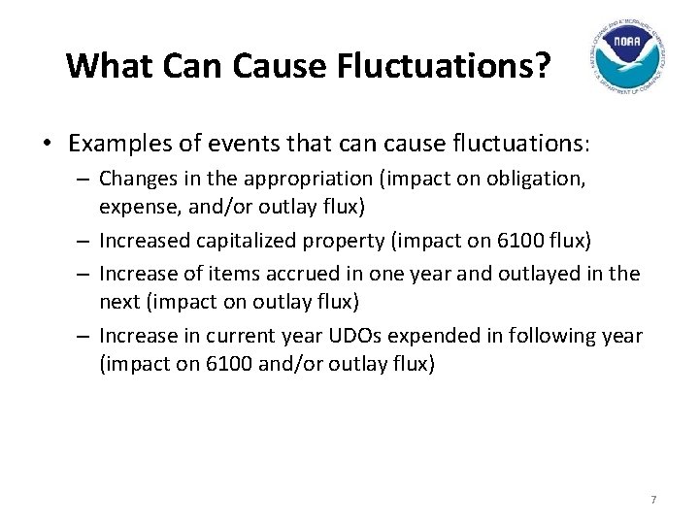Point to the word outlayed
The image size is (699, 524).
point(542,274)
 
